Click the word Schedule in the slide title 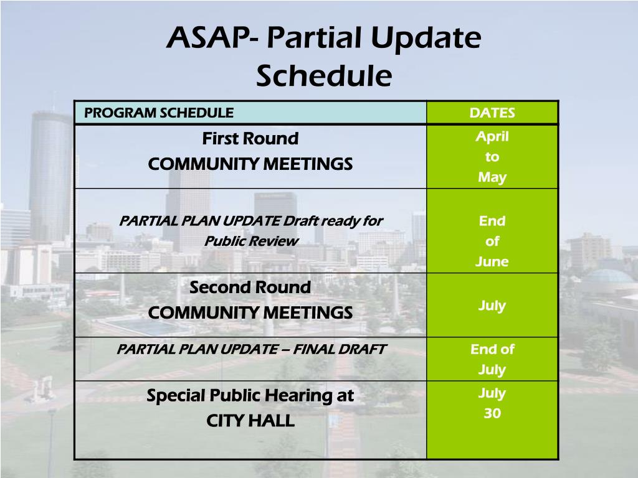(324, 77)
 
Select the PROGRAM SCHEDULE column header (159, 113)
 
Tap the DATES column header (492, 113)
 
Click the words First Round (250, 138)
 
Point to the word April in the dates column (492, 136)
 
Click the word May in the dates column (492, 177)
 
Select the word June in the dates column (492, 261)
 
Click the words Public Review (251, 241)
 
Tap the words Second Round (250, 288)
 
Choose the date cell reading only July (492, 306)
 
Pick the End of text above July (492, 349)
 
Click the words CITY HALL (250, 421)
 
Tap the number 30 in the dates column (492, 413)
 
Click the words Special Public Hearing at (250, 395)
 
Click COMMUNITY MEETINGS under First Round (250, 164)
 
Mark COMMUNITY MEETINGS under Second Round (250, 312)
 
